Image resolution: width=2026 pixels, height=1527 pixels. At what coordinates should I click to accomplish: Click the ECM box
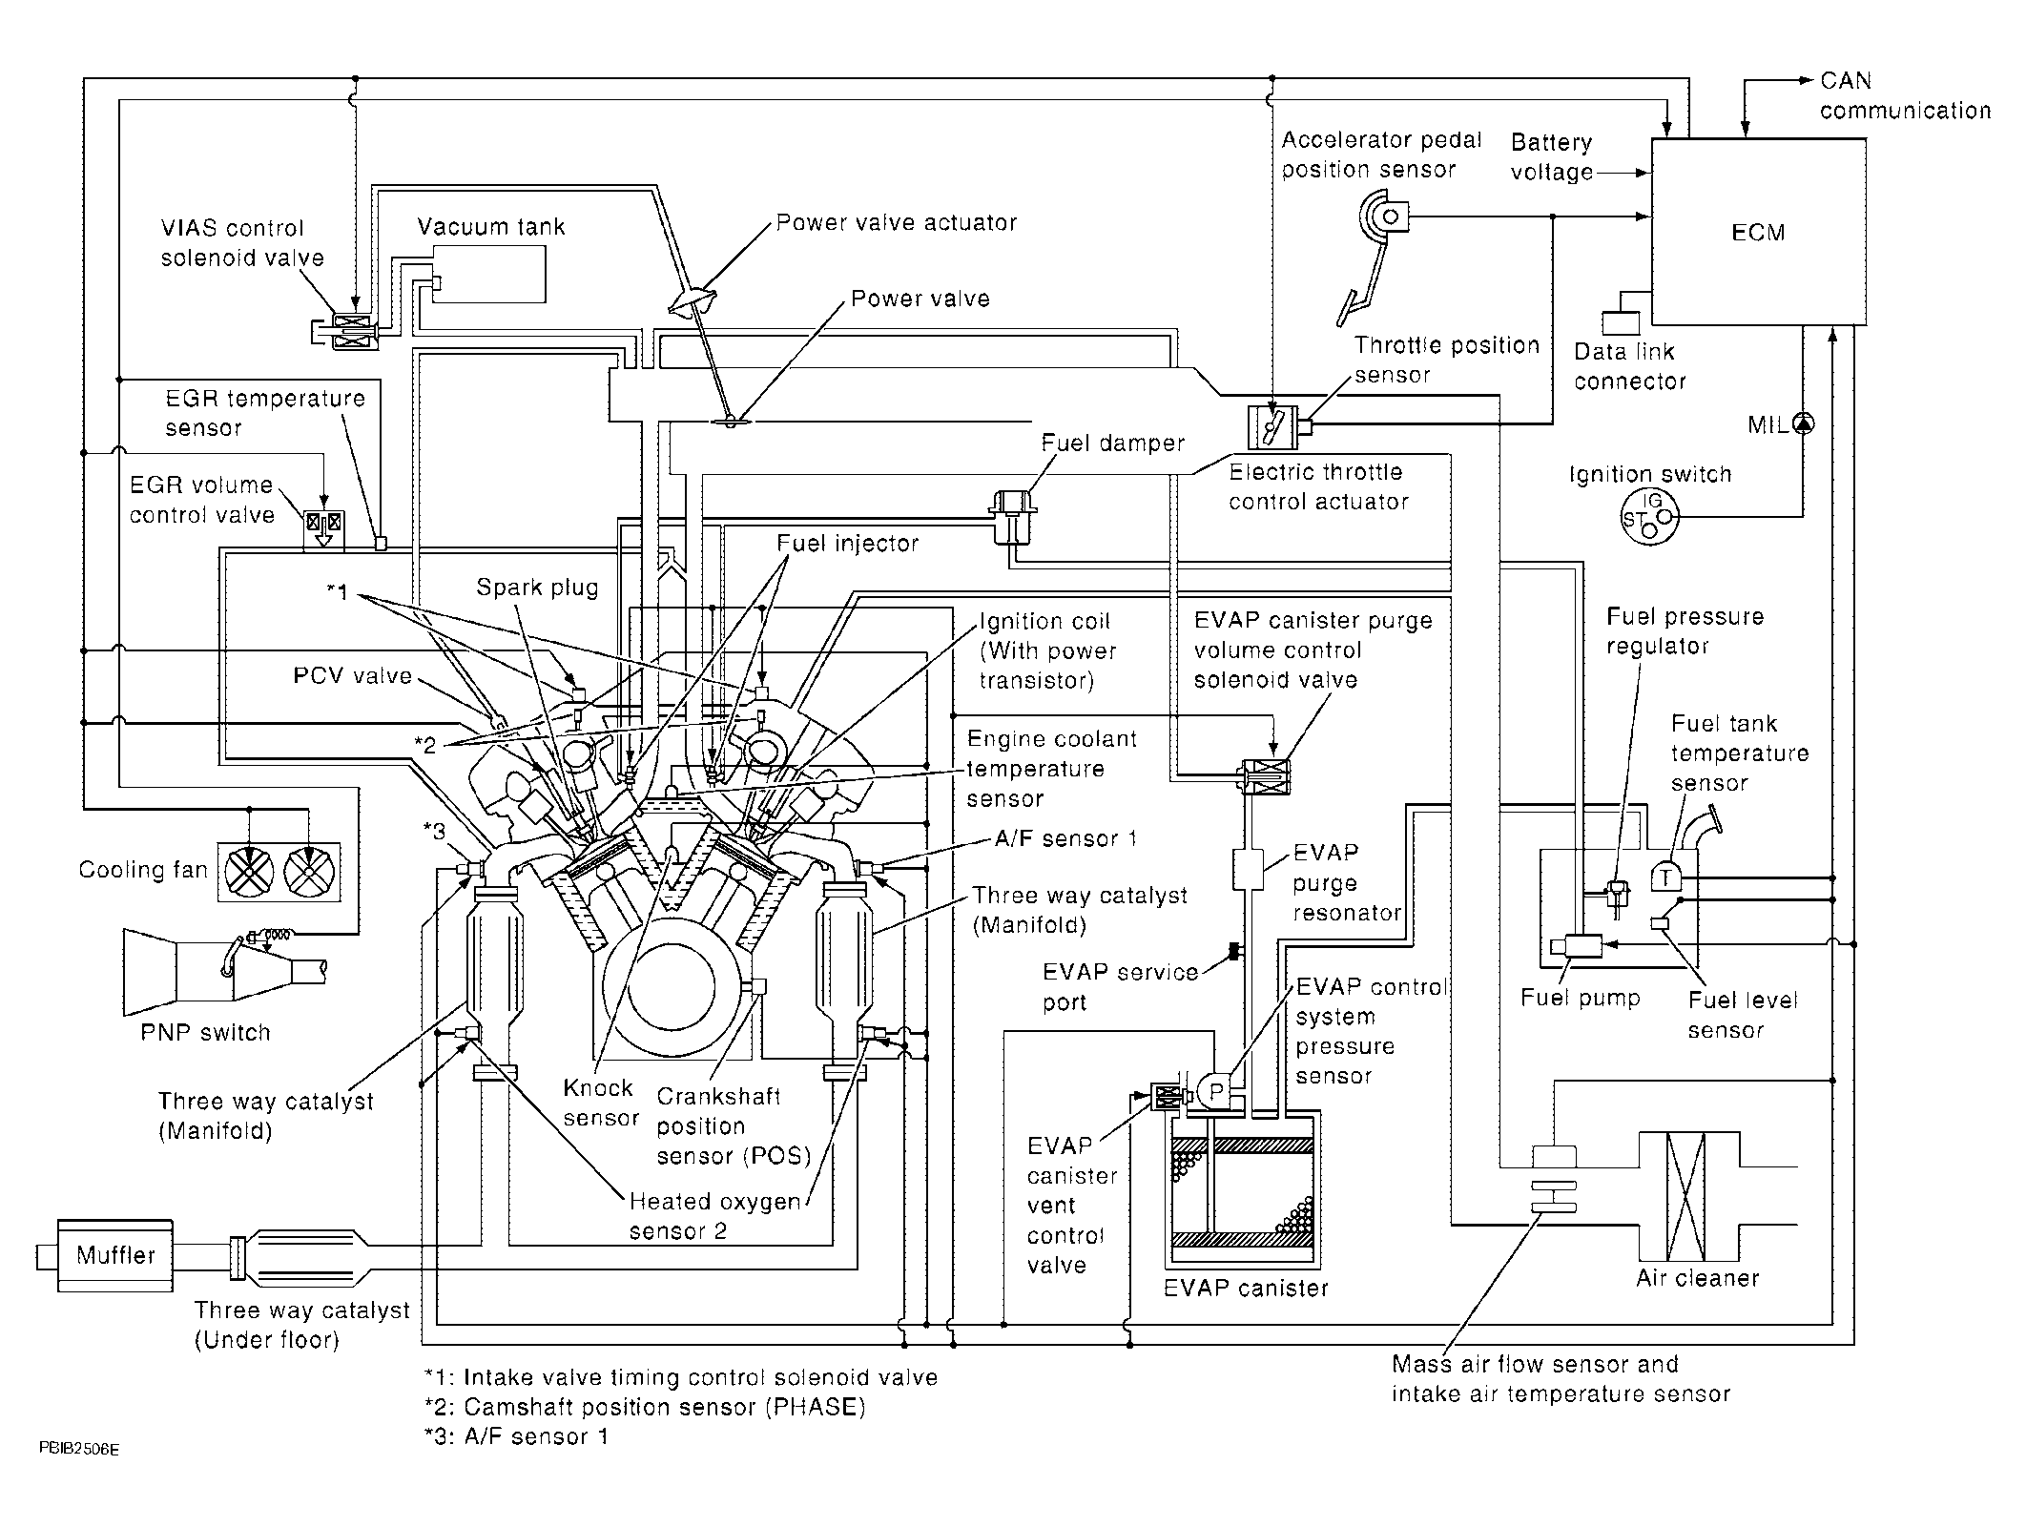(x=1758, y=232)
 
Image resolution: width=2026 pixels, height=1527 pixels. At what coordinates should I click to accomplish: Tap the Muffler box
(x=115, y=1255)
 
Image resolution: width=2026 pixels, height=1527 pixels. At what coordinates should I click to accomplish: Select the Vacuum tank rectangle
(x=489, y=275)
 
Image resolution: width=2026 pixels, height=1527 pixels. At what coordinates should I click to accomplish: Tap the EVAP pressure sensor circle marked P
(x=1216, y=1092)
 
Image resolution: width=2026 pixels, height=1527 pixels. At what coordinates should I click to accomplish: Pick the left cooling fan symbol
(x=248, y=872)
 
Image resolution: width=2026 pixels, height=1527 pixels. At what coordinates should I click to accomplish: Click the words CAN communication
(x=1904, y=96)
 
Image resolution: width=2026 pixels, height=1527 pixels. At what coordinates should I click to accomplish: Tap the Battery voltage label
(x=1552, y=157)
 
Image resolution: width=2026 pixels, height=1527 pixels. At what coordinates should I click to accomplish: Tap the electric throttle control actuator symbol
(x=1272, y=426)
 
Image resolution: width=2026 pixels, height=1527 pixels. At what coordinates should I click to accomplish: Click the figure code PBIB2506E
(x=79, y=1449)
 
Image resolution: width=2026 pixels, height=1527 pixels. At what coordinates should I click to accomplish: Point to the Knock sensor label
(x=600, y=1103)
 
